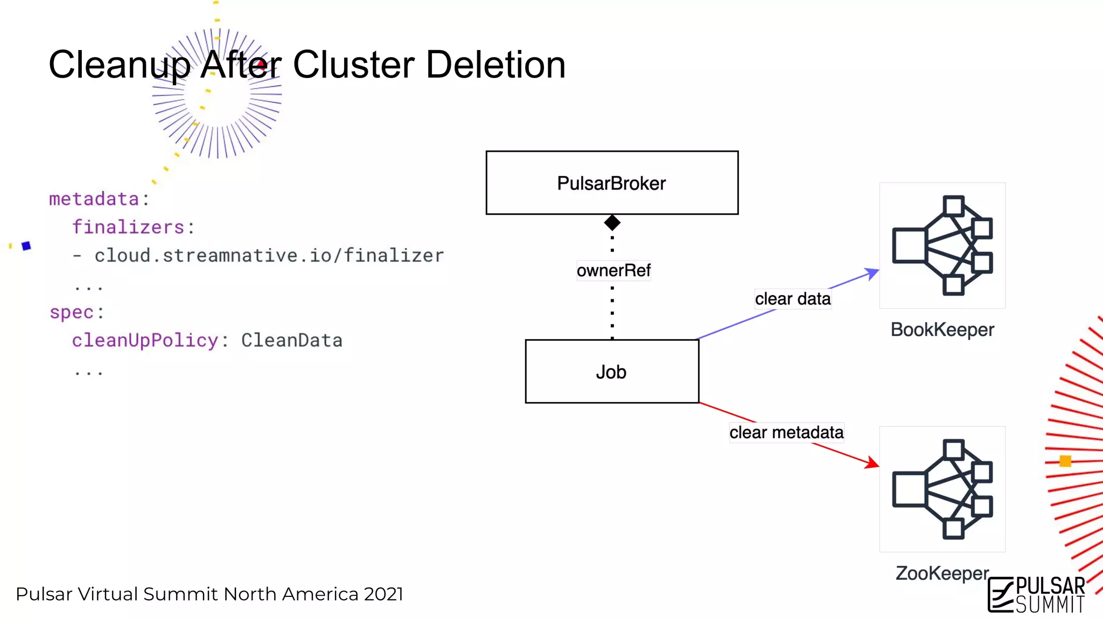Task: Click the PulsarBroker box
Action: [x=612, y=183]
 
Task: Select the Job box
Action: [x=612, y=371]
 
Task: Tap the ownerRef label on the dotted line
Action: [x=613, y=270]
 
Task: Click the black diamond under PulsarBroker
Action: [x=612, y=222]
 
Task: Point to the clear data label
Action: [x=792, y=299]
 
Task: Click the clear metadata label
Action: [x=786, y=432]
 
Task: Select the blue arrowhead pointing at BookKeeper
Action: [x=871, y=273]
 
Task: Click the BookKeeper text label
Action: [x=942, y=329]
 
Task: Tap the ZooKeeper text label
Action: [x=942, y=573]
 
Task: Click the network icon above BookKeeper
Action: [x=942, y=245]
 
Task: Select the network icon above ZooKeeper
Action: [x=942, y=489]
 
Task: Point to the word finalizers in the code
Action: [x=128, y=227]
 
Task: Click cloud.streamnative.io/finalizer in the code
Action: [x=269, y=255]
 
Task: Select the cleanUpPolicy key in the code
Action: [x=145, y=340]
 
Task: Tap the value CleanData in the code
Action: [x=291, y=340]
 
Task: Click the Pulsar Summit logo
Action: [x=1037, y=595]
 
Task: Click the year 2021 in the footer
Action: [x=383, y=594]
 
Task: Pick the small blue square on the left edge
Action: [x=26, y=246]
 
